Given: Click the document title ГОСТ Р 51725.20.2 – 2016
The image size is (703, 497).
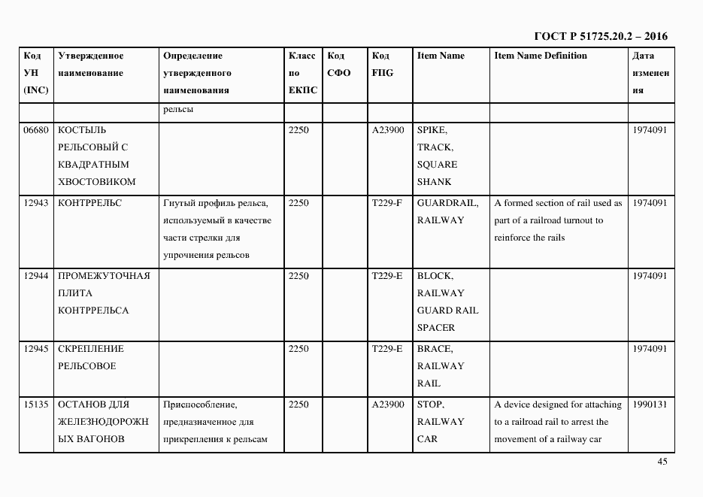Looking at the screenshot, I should pyautogui.click(x=600, y=36).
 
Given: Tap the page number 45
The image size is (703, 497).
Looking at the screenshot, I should pyautogui.click(x=662, y=462).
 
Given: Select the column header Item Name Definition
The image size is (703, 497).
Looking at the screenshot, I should pyautogui.click(x=541, y=56).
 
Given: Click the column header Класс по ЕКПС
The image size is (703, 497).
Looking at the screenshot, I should pyautogui.click(x=302, y=73).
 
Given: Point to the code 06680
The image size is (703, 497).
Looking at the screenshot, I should pyautogui.click(x=36, y=130).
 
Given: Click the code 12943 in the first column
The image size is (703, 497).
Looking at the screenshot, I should pyautogui.click(x=36, y=203).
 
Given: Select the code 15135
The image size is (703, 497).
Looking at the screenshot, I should pyautogui.click(x=36, y=405).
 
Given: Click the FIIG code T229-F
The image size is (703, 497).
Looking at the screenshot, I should pyautogui.click(x=387, y=203).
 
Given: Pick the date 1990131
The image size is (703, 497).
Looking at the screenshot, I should pyautogui.click(x=650, y=405).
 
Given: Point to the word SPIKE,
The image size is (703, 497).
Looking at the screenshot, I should pyautogui.click(x=432, y=130).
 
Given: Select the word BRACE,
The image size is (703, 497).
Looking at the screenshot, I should pyautogui.click(x=435, y=349).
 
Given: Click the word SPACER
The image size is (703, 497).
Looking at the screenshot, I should pyautogui.click(x=437, y=328).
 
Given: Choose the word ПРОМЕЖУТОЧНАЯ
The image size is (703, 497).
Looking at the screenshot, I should pyautogui.click(x=104, y=276).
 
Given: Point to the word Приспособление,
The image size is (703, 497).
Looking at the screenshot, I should pyautogui.click(x=200, y=405).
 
